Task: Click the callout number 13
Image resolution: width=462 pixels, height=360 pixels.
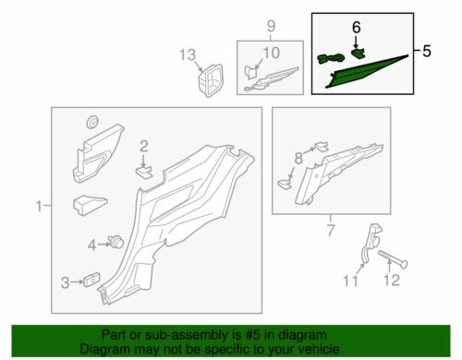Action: [x=188, y=55]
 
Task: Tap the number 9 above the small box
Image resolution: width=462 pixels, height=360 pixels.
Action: [x=271, y=26]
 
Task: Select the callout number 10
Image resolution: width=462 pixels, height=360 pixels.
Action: [x=271, y=53]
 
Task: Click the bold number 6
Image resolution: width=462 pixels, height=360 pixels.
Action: [x=356, y=28]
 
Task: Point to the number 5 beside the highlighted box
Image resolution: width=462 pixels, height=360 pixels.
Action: [x=427, y=51]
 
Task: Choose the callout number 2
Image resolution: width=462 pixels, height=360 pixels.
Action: [x=144, y=147]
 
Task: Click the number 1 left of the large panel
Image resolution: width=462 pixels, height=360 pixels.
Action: [x=39, y=206]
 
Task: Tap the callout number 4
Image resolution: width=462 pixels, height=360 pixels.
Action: [x=92, y=246]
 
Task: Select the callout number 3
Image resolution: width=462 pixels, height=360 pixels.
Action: [x=65, y=282]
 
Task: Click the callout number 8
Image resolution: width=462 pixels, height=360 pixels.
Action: [x=298, y=159]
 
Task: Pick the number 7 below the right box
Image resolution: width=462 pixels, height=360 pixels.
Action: [x=331, y=230]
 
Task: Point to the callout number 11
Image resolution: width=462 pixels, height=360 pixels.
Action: [x=351, y=281]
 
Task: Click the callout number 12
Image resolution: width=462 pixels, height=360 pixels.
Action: [x=391, y=281]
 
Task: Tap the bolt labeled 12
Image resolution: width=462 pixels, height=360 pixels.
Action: [x=393, y=259]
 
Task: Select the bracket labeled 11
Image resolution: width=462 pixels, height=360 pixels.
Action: [x=371, y=243]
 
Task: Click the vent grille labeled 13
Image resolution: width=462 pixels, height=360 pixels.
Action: [x=211, y=80]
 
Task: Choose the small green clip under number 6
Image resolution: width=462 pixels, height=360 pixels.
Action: [x=358, y=54]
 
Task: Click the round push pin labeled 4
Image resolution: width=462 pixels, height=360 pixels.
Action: [x=115, y=242]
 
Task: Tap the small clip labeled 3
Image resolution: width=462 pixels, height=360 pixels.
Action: [x=91, y=280]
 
